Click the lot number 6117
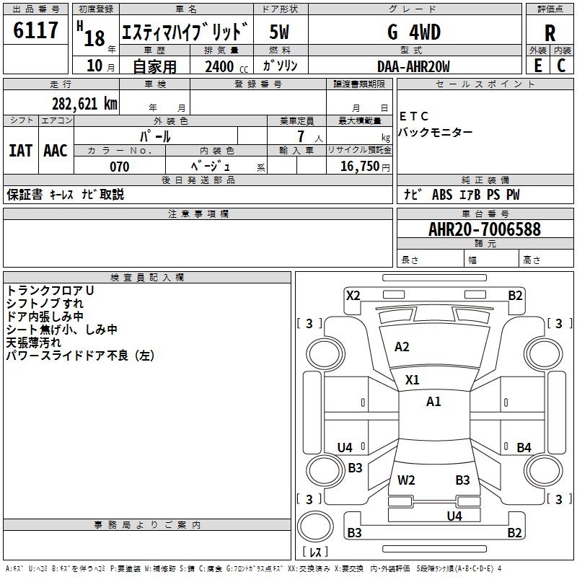click(36, 31)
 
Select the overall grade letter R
click(550, 33)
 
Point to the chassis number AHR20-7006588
click(484, 229)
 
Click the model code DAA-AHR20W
click(413, 66)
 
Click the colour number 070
click(119, 167)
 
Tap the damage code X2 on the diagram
click(353, 295)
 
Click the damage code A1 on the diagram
click(433, 402)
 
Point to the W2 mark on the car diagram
click(406, 480)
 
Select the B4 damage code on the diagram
click(524, 448)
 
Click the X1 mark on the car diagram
click(413, 379)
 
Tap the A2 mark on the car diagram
click(402, 347)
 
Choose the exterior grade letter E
click(537, 66)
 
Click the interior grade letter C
click(561, 66)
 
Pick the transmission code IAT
click(20, 151)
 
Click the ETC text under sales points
click(414, 117)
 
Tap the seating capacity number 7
click(299, 136)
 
